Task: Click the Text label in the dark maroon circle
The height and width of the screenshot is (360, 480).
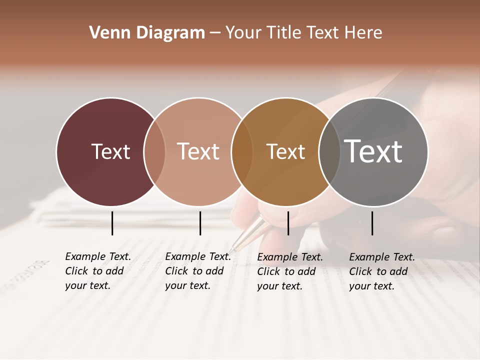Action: click(110, 151)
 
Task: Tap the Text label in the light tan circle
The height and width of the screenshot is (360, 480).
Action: click(198, 151)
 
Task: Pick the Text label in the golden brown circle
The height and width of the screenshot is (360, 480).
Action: click(285, 151)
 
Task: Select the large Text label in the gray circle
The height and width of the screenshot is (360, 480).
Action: click(373, 151)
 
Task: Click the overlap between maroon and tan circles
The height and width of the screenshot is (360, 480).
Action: click(154, 151)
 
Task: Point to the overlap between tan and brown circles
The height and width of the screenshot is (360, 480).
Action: click(242, 151)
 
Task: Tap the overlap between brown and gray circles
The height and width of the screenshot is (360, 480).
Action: click(329, 151)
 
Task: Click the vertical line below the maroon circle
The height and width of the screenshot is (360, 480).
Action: click(112, 223)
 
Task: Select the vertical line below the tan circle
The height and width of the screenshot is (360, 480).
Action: click(200, 223)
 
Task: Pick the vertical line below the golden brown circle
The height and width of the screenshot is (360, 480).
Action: click(288, 223)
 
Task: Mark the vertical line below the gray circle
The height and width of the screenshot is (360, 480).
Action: click(372, 223)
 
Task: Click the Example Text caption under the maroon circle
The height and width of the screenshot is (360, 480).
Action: click(97, 271)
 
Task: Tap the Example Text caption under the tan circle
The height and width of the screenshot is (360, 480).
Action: click(197, 271)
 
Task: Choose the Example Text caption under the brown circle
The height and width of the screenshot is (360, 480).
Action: click(289, 271)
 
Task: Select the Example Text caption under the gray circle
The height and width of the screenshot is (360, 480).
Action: click(381, 271)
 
